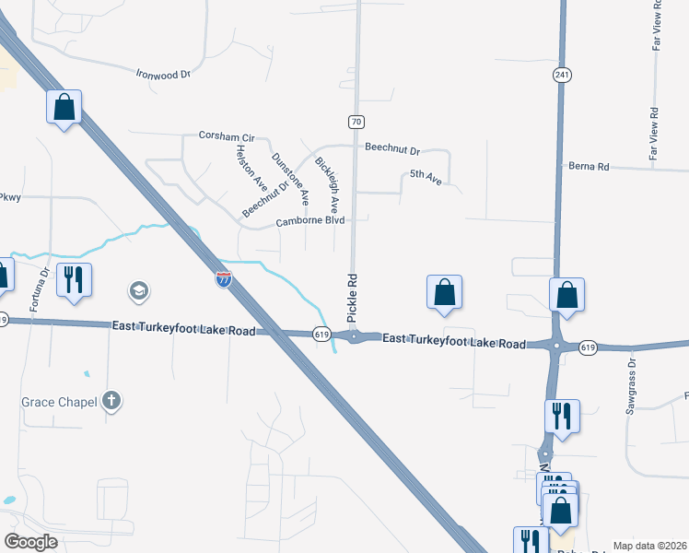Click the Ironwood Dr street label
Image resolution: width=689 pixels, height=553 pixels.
(162, 73)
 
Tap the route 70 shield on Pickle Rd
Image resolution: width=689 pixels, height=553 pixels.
(356, 121)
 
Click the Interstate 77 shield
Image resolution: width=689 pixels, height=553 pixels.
(224, 278)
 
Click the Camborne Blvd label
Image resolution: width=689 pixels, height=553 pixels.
(310, 221)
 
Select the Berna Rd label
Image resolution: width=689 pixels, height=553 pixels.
(590, 167)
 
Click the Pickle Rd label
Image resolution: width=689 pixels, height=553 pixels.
(352, 296)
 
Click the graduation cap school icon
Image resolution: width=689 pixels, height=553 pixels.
(138, 292)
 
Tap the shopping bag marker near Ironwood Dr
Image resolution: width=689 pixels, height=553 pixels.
(64, 107)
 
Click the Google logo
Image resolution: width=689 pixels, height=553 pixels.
(30, 542)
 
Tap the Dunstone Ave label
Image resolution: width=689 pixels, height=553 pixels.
(291, 174)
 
